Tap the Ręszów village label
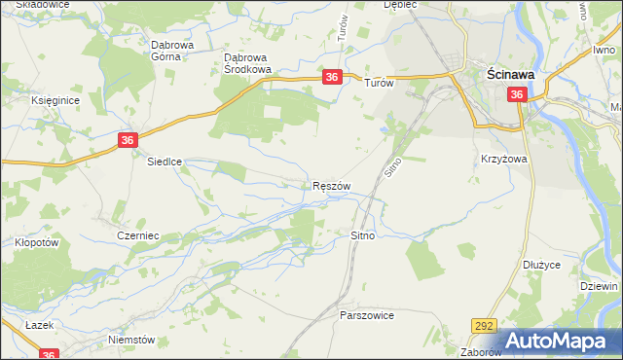[x=331, y=185]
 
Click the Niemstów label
[x=132, y=340]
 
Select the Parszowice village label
[x=366, y=315]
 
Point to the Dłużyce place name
[x=540, y=263]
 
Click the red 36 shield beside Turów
[x=332, y=77]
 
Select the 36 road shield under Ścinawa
[x=516, y=94]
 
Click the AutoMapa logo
[x=561, y=341]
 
